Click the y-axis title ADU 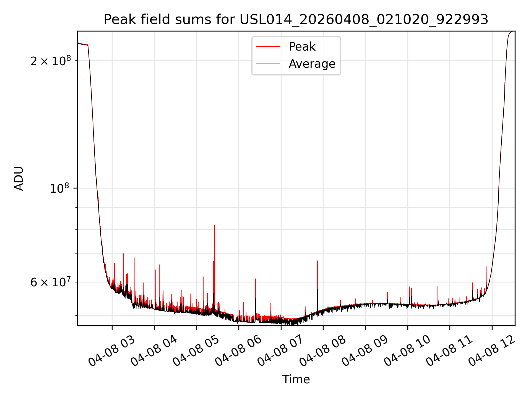coord(19,178)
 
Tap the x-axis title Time coord(296,379)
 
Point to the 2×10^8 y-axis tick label coord(51,61)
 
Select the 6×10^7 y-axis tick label coord(51,282)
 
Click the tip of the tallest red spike coord(215,225)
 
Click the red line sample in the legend coord(268,47)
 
